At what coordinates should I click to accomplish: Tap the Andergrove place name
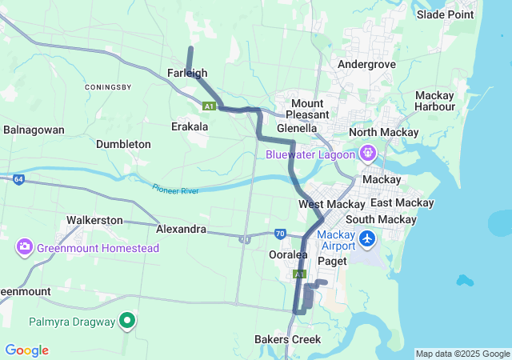click(367, 64)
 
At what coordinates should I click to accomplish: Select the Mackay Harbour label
click(434, 102)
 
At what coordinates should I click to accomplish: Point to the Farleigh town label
click(187, 73)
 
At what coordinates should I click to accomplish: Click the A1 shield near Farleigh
click(209, 106)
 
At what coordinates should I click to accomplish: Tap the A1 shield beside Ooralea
click(299, 274)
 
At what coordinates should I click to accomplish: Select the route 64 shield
click(18, 179)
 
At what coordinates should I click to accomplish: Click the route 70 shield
click(279, 234)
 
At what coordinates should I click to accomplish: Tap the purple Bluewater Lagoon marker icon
click(367, 152)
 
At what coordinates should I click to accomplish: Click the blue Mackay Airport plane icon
click(367, 238)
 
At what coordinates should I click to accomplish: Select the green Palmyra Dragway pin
click(126, 322)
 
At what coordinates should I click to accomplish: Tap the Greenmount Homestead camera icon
click(24, 248)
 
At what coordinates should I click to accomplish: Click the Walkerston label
click(94, 220)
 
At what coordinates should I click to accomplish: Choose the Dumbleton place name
click(123, 144)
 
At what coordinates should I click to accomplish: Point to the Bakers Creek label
click(287, 339)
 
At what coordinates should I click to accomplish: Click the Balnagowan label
click(34, 129)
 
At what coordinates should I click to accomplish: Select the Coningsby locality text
click(107, 86)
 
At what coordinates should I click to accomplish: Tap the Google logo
click(26, 350)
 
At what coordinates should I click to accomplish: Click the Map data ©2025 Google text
click(462, 354)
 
